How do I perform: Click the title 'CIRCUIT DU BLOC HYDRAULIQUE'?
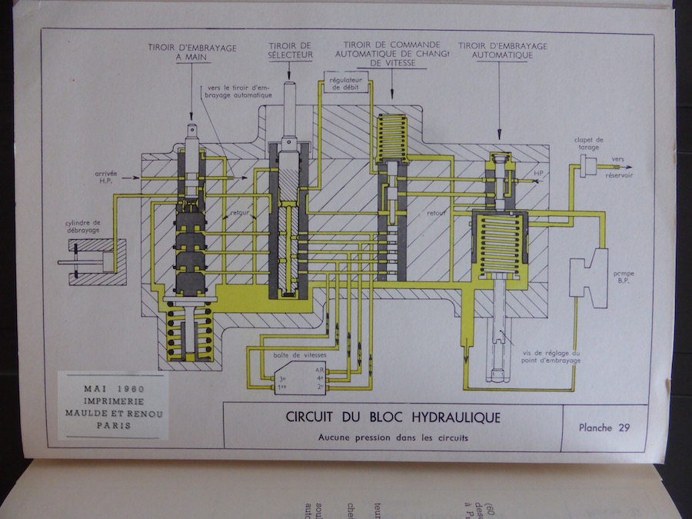(393, 418)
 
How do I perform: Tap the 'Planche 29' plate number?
(604, 428)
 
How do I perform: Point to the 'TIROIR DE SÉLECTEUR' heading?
(289, 51)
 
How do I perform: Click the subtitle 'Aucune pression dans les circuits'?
(393, 438)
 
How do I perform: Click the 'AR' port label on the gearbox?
(319, 370)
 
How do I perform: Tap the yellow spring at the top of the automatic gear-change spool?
(391, 136)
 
